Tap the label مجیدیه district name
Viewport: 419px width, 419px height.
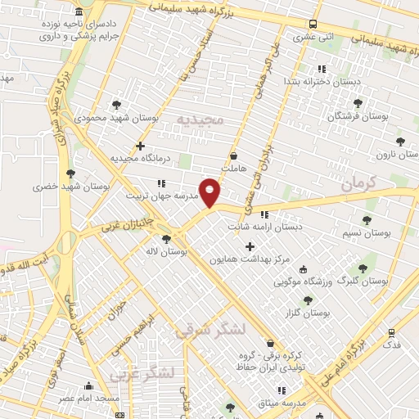(x=200, y=119)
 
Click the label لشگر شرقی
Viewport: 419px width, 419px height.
(x=210, y=329)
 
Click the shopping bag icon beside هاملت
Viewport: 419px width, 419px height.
(x=234, y=155)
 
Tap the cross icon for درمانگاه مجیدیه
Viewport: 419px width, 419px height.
(x=141, y=146)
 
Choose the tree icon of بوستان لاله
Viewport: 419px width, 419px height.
(x=167, y=240)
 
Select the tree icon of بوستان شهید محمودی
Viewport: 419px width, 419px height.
(x=117, y=105)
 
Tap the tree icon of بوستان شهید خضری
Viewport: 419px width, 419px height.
(x=71, y=173)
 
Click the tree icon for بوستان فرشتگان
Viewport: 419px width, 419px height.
(x=358, y=103)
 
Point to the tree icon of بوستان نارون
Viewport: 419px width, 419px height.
(x=400, y=141)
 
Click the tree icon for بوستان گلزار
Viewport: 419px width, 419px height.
(x=308, y=301)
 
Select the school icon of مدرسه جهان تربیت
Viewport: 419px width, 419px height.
(x=161, y=183)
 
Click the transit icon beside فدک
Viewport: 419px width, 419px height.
(x=391, y=333)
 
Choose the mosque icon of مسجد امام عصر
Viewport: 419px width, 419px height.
(x=89, y=385)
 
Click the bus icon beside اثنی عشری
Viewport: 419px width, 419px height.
(x=313, y=25)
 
